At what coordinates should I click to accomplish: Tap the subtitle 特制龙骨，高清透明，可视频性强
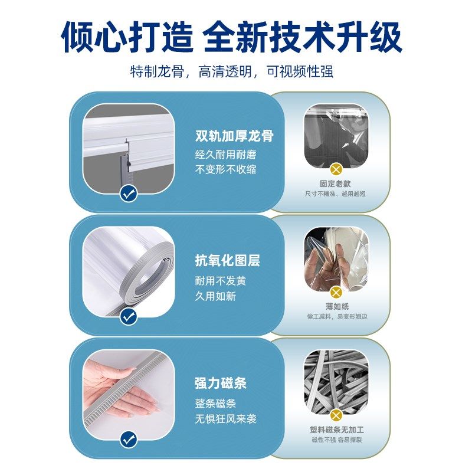pyautogui.click(x=232, y=72)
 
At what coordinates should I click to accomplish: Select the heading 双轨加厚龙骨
pyautogui.click(x=234, y=136)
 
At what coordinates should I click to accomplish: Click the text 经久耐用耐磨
pyautogui.click(x=226, y=155)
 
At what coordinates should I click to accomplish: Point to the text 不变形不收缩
pyautogui.click(x=226, y=169)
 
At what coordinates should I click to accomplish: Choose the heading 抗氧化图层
pyautogui.click(x=227, y=261)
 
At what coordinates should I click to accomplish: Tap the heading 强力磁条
pyautogui.click(x=221, y=383)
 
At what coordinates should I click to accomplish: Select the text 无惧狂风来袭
pyautogui.click(x=226, y=419)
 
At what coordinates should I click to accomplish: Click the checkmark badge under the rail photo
pyautogui.click(x=128, y=193)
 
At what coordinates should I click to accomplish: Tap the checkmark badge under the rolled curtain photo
pyautogui.click(x=128, y=317)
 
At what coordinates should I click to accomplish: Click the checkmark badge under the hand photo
pyautogui.click(x=128, y=440)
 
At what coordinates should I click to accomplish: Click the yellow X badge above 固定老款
pyautogui.click(x=336, y=168)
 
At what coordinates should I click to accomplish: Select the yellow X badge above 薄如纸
pyautogui.click(x=336, y=292)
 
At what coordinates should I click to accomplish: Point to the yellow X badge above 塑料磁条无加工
pyautogui.click(x=336, y=415)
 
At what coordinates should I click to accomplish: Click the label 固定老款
pyautogui.click(x=335, y=183)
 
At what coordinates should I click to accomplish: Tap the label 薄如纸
pyautogui.click(x=336, y=307)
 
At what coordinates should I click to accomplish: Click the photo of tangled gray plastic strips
pyautogui.click(x=336, y=381)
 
